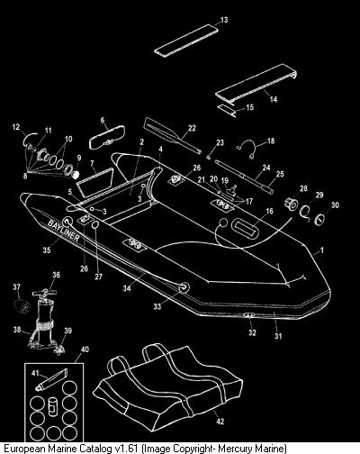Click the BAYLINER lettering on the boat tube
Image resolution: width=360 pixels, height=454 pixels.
(64, 230)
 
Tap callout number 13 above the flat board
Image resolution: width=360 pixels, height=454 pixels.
(224, 20)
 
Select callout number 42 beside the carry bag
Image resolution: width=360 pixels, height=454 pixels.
(220, 422)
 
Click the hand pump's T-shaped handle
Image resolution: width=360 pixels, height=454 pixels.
(45, 292)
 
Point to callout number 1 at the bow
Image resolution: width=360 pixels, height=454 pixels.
(321, 250)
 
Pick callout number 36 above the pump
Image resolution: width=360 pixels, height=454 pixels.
(56, 275)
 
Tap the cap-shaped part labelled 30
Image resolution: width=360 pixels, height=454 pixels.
(319, 220)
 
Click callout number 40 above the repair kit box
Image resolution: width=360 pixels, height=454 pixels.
(85, 350)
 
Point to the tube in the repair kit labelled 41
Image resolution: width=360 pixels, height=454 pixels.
(51, 380)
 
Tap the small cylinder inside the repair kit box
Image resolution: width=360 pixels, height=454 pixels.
(52, 406)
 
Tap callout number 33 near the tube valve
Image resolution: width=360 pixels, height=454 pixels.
(157, 306)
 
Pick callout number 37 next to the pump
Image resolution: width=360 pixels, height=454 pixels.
(16, 287)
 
